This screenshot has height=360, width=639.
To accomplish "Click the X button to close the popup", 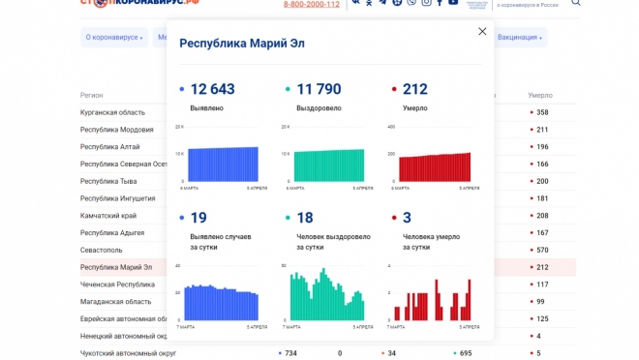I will (482, 32).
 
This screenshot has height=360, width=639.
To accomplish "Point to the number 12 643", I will (212, 89).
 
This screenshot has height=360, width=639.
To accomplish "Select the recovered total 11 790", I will (319, 89).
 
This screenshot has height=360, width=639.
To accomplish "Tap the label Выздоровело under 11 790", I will (319, 108).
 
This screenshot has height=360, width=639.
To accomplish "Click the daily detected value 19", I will (198, 218).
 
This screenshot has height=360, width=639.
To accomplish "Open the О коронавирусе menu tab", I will (113, 38).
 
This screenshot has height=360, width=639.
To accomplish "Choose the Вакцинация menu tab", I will (519, 38).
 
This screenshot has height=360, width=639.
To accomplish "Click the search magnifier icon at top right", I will (576, 3).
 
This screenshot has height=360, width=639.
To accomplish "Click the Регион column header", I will (92, 96).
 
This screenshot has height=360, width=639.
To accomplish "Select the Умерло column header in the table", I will (540, 96).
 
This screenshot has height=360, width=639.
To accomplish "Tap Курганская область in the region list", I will (112, 112).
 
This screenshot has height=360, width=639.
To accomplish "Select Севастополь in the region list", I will (101, 250).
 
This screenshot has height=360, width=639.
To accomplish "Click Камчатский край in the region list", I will (108, 216).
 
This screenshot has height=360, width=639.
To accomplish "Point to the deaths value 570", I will (542, 250).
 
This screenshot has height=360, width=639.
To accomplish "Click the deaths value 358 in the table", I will (542, 112).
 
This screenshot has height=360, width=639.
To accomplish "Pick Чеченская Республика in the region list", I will (117, 285).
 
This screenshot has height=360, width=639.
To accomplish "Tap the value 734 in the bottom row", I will (290, 353).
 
